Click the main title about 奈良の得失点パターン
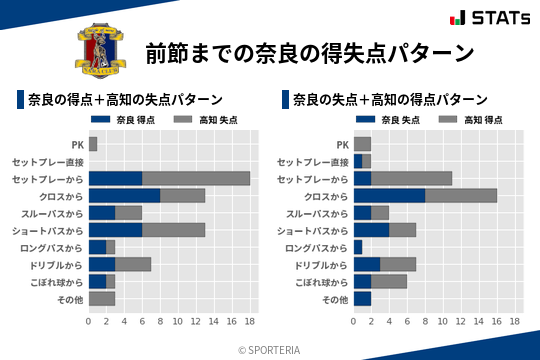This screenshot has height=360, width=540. [x=309, y=52]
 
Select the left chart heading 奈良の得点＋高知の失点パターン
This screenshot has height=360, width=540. [x=124, y=100]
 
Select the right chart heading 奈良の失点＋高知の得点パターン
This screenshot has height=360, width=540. [x=390, y=100]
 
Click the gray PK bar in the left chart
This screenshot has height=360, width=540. [x=93, y=144]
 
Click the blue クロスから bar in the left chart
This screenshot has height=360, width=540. [x=124, y=195]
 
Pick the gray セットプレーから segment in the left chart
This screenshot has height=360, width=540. [x=196, y=178]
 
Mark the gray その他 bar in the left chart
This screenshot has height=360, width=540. [x=102, y=299]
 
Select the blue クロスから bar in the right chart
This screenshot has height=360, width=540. [x=389, y=195]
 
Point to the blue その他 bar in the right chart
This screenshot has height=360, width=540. [x=362, y=299]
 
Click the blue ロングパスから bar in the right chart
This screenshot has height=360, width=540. [x=358, y=247]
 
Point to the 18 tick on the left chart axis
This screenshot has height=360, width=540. [x=250, y=322]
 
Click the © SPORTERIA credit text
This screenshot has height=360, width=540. [x=270, y=350]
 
